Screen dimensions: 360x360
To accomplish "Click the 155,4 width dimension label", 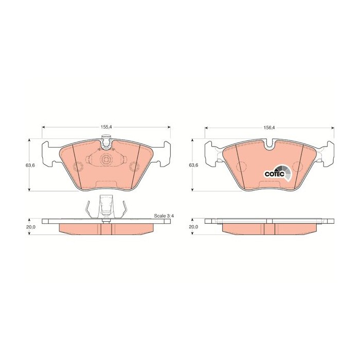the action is [106, 127].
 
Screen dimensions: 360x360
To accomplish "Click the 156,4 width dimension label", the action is [269, 128].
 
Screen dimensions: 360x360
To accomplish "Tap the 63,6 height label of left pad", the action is [30, 165].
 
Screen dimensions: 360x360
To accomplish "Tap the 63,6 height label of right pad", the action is [193, 165].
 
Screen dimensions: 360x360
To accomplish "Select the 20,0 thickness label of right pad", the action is [193, 227].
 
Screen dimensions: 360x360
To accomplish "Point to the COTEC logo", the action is [278, 173].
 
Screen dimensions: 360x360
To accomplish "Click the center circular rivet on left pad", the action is [106, 159].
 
